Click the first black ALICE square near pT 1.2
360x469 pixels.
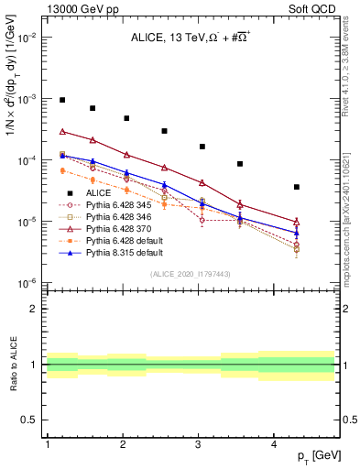(x=62, y=100)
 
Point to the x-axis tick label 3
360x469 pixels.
(x=198, y=444)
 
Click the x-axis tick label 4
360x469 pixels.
(x=274, y=444)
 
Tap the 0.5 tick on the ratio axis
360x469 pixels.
(x=31, y=420)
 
